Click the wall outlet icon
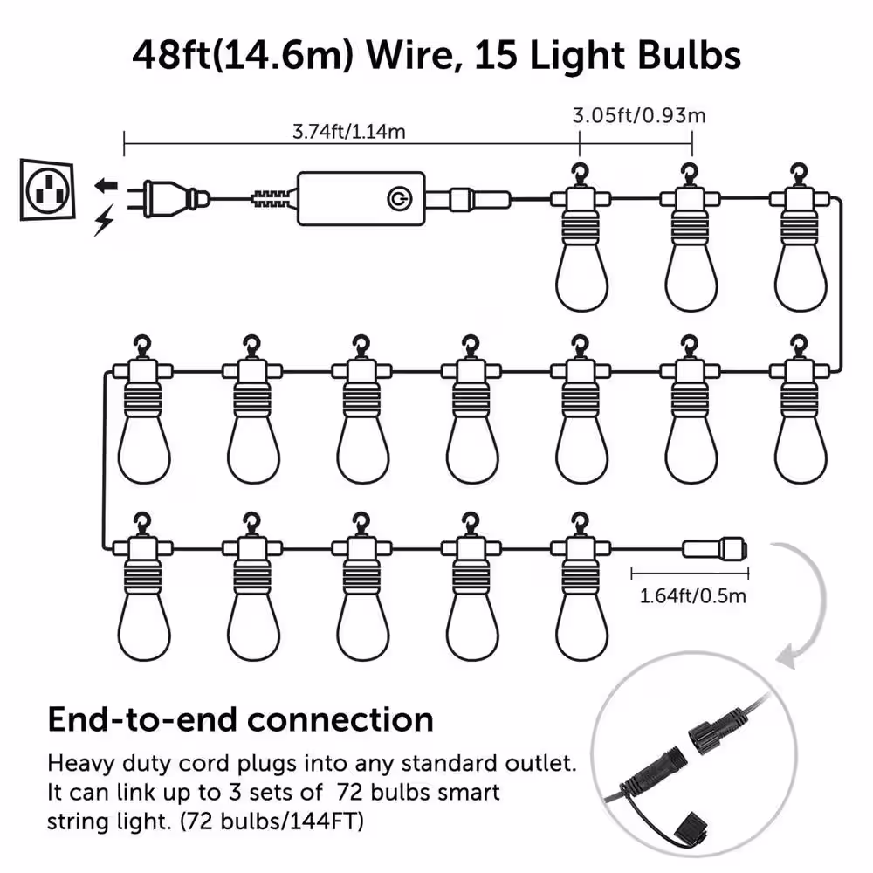pyautogui.click(x=43, y=187)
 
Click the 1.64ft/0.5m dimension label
pyautogui.click(x=693, y=597)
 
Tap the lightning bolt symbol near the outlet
pyautogui.click(x=103, y=222)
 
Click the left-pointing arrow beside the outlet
pyautogui.click(x=105, y=185)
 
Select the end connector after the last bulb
pyautogui.click(x=714, y=549)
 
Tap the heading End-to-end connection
pyautogui.click(x=240, y=719)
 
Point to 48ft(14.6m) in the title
pyautogui.click(x=235, y=55)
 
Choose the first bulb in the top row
pyautogui.click(x=580, y=262)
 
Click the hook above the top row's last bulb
pyautogui.click(x=799, y=171)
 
